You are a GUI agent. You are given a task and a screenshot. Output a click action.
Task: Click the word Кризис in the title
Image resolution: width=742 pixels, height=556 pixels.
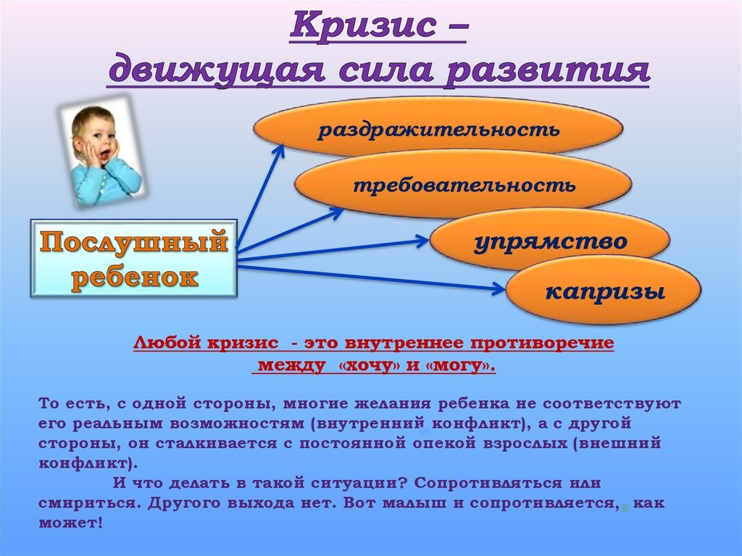tap(362, 24)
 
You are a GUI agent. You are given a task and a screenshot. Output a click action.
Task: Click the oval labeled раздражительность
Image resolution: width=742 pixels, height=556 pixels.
tap(438, 128)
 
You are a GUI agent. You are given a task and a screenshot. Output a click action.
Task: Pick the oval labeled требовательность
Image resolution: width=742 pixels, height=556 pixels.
tap(463, 183)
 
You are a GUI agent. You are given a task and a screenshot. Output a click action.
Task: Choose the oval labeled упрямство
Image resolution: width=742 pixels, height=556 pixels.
tap(550, 241)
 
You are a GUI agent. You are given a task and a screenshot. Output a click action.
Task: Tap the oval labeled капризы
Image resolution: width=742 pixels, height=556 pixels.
tap(604, 290)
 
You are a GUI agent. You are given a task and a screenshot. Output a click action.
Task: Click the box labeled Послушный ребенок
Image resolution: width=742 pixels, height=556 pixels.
tap(133, 258)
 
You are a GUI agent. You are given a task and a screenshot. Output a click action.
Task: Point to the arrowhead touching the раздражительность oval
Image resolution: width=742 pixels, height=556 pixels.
tap(278, 152)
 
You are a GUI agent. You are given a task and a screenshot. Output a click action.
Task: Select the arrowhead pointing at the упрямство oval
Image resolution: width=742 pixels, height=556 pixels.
tap(421, 240)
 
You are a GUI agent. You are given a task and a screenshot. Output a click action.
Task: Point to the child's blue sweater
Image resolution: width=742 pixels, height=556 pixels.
tap(107, 183)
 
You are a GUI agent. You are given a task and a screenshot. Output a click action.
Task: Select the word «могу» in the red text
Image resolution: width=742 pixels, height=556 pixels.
tap(464, 365)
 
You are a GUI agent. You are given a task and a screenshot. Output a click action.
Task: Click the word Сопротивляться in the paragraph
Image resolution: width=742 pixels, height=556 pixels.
tap(487, 484)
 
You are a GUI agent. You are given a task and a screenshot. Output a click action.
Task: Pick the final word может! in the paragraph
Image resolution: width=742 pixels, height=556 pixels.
tap(70, 523)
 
